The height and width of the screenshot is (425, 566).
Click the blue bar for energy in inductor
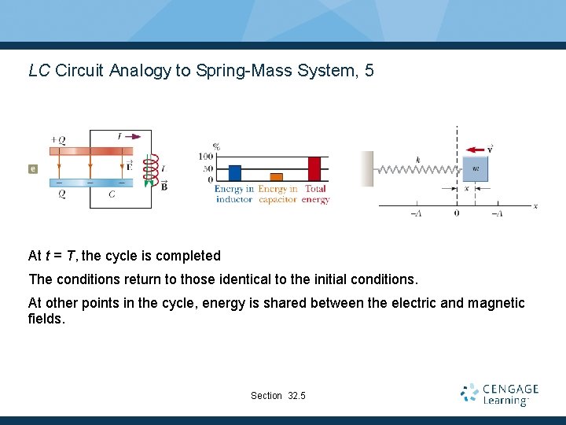(234, 173)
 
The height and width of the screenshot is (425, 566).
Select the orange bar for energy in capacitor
(276, 177)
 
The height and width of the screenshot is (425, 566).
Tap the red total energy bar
(314, 169)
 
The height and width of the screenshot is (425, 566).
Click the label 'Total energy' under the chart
(314, 194)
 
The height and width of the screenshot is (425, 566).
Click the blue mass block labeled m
(475, 168)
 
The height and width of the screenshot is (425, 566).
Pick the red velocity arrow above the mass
(475, 150)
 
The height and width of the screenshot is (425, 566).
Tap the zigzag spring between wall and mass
(417, 168)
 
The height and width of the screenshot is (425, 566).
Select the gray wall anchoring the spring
(367, 168)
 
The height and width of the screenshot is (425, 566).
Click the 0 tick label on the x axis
(457, 213)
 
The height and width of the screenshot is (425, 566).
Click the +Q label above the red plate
(57, 140)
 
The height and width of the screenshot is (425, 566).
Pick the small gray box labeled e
(32, 168)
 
